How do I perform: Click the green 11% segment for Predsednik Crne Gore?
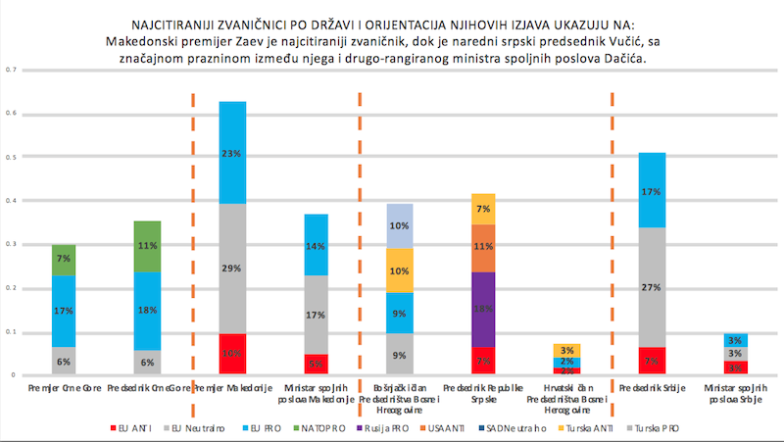click(148, 246)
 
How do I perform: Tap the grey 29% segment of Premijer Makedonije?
click(231, 269)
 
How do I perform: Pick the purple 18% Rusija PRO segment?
click(483, 308)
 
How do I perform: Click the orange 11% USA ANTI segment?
click(483, 248)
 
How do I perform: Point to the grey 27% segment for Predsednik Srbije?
click(651, 287)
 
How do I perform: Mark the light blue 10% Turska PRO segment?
click(400, 225)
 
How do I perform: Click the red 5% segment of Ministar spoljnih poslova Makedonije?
click(316, 365)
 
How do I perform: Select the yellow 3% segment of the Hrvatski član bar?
click(566, 350)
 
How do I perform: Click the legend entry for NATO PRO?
click(320, 429)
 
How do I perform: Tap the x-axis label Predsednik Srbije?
click(651, 388)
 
